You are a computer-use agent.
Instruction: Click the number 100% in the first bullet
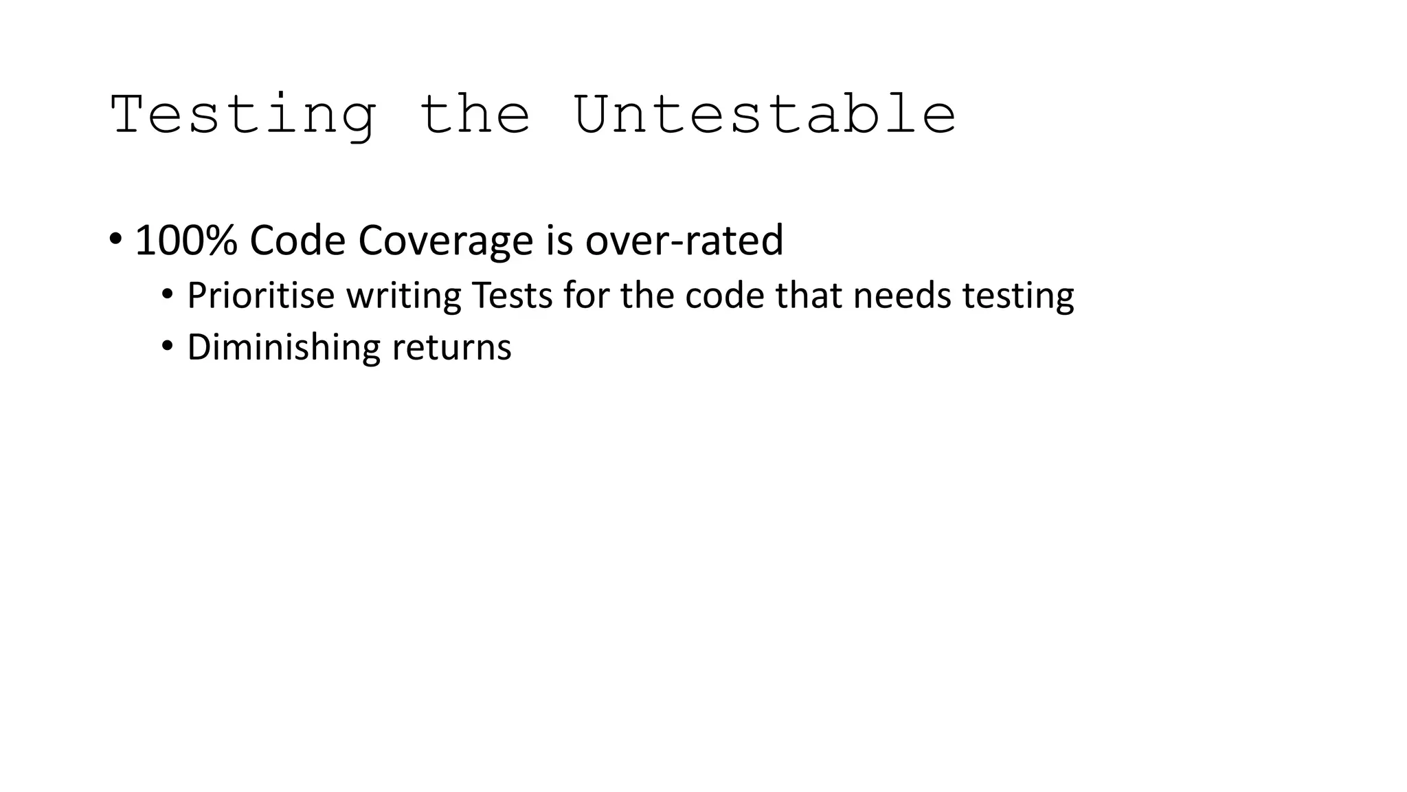click(186, 241)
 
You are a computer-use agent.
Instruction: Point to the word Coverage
click(445, 241)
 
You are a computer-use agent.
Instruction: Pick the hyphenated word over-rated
click(684, 241)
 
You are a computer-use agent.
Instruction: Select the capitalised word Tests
click(512, 296)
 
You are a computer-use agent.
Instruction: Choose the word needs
click(901, 296)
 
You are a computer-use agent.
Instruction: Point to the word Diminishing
click(283, 347)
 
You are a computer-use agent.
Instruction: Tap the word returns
click(451, 348)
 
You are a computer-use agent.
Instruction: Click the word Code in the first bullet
click(297, 241)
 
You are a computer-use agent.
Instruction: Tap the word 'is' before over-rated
click(559, 241)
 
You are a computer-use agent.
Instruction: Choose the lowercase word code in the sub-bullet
click(724, 296)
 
